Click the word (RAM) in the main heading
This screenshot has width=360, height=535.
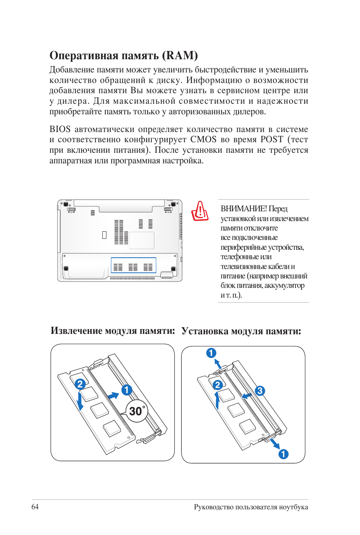(180, 55)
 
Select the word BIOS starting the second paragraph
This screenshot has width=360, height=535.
(60, 129)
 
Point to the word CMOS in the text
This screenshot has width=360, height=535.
(203, 140)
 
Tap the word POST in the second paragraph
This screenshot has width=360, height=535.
(272, 140)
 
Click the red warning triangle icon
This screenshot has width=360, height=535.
(200, 211)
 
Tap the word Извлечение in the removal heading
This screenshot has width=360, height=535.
(76, 331)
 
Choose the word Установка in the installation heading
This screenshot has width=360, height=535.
(205, 331)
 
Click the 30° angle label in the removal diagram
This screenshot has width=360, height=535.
(137, 411)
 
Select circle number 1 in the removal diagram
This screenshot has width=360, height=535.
(126, 390)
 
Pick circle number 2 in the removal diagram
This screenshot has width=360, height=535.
(80, 384)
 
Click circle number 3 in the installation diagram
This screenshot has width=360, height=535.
(260, 391)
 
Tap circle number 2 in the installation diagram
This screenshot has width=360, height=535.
(217, 385)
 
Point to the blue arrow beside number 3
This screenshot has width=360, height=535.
(247, 396)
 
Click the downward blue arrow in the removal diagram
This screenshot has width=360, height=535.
(80, 401)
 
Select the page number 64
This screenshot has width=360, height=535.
(35, 507)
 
